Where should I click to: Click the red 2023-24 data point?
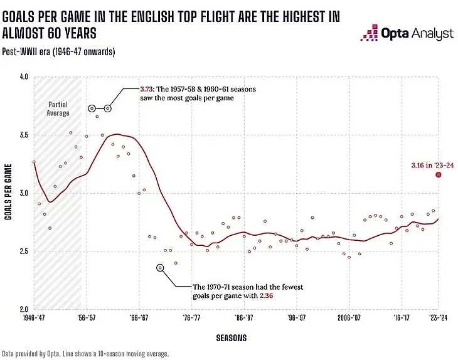click(x=439, y=174)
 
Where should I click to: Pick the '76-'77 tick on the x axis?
click(x=192, y=319)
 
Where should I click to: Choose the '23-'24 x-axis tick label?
click(x=437, y=319)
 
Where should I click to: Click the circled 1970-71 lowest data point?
click(x=160, y=267)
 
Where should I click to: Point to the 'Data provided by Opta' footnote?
click(x=85, y=354)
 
